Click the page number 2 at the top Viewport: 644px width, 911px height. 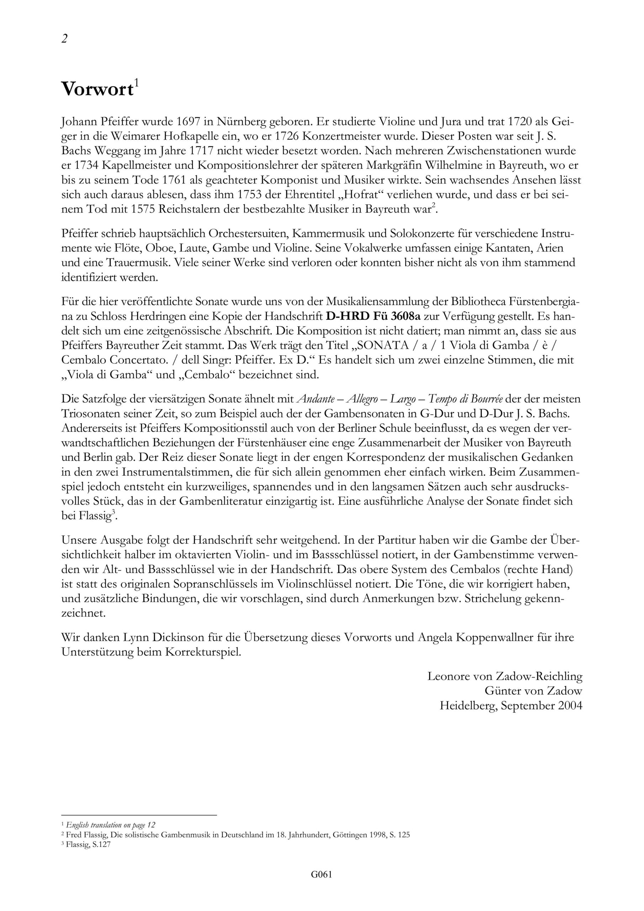tap(64, 39)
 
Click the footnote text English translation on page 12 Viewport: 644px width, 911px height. tap(110, 825)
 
